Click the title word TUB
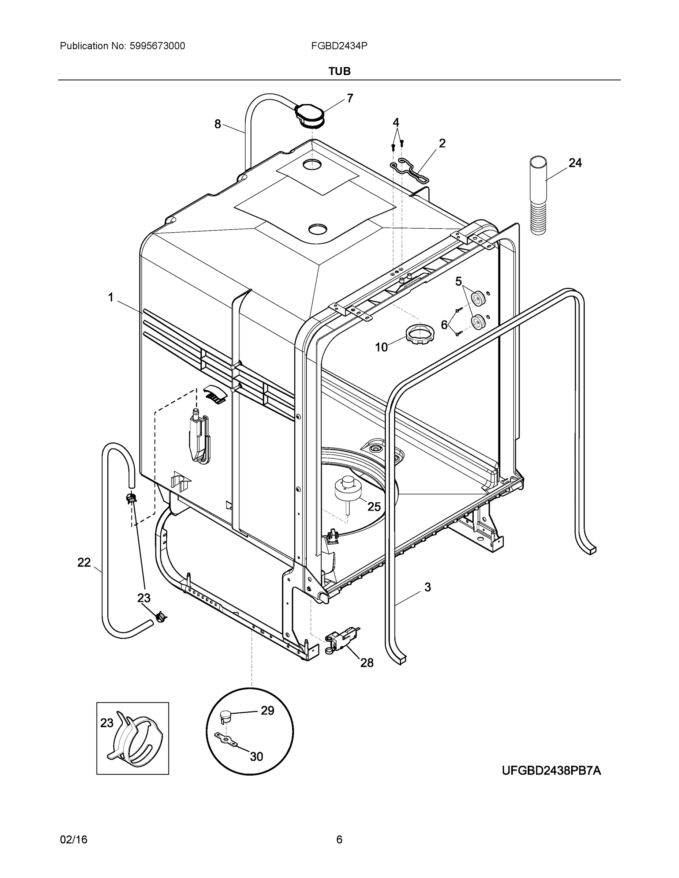point(339,71)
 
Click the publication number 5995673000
point(157,46)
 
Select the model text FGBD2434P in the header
point(339,46)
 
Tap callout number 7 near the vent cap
point(350,98)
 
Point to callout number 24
point(575,163)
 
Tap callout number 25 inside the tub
point(374,507)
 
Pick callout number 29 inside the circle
point(268,711)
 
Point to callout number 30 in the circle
point(256,757)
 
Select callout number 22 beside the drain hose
point(84,562)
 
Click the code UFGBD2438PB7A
point(551,771)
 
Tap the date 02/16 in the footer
point(74,840)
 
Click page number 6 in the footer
point(339,840)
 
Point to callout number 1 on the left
point(111,297)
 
